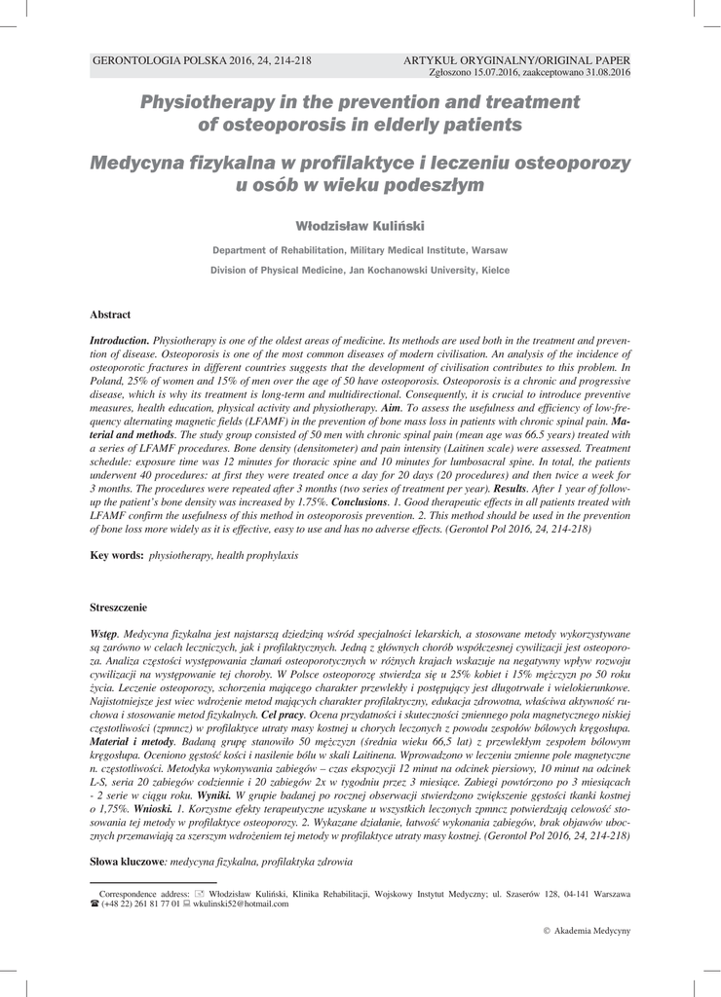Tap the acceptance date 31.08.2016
click(603, 72)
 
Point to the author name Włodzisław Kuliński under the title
click(360, 225)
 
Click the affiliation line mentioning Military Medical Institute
click(360, 250)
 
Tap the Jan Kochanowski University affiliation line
click(360, 270)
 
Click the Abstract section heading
click(110, 314)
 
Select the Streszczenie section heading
click(118, 608)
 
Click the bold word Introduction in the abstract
click(119, 342)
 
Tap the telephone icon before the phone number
click(95, 905)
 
